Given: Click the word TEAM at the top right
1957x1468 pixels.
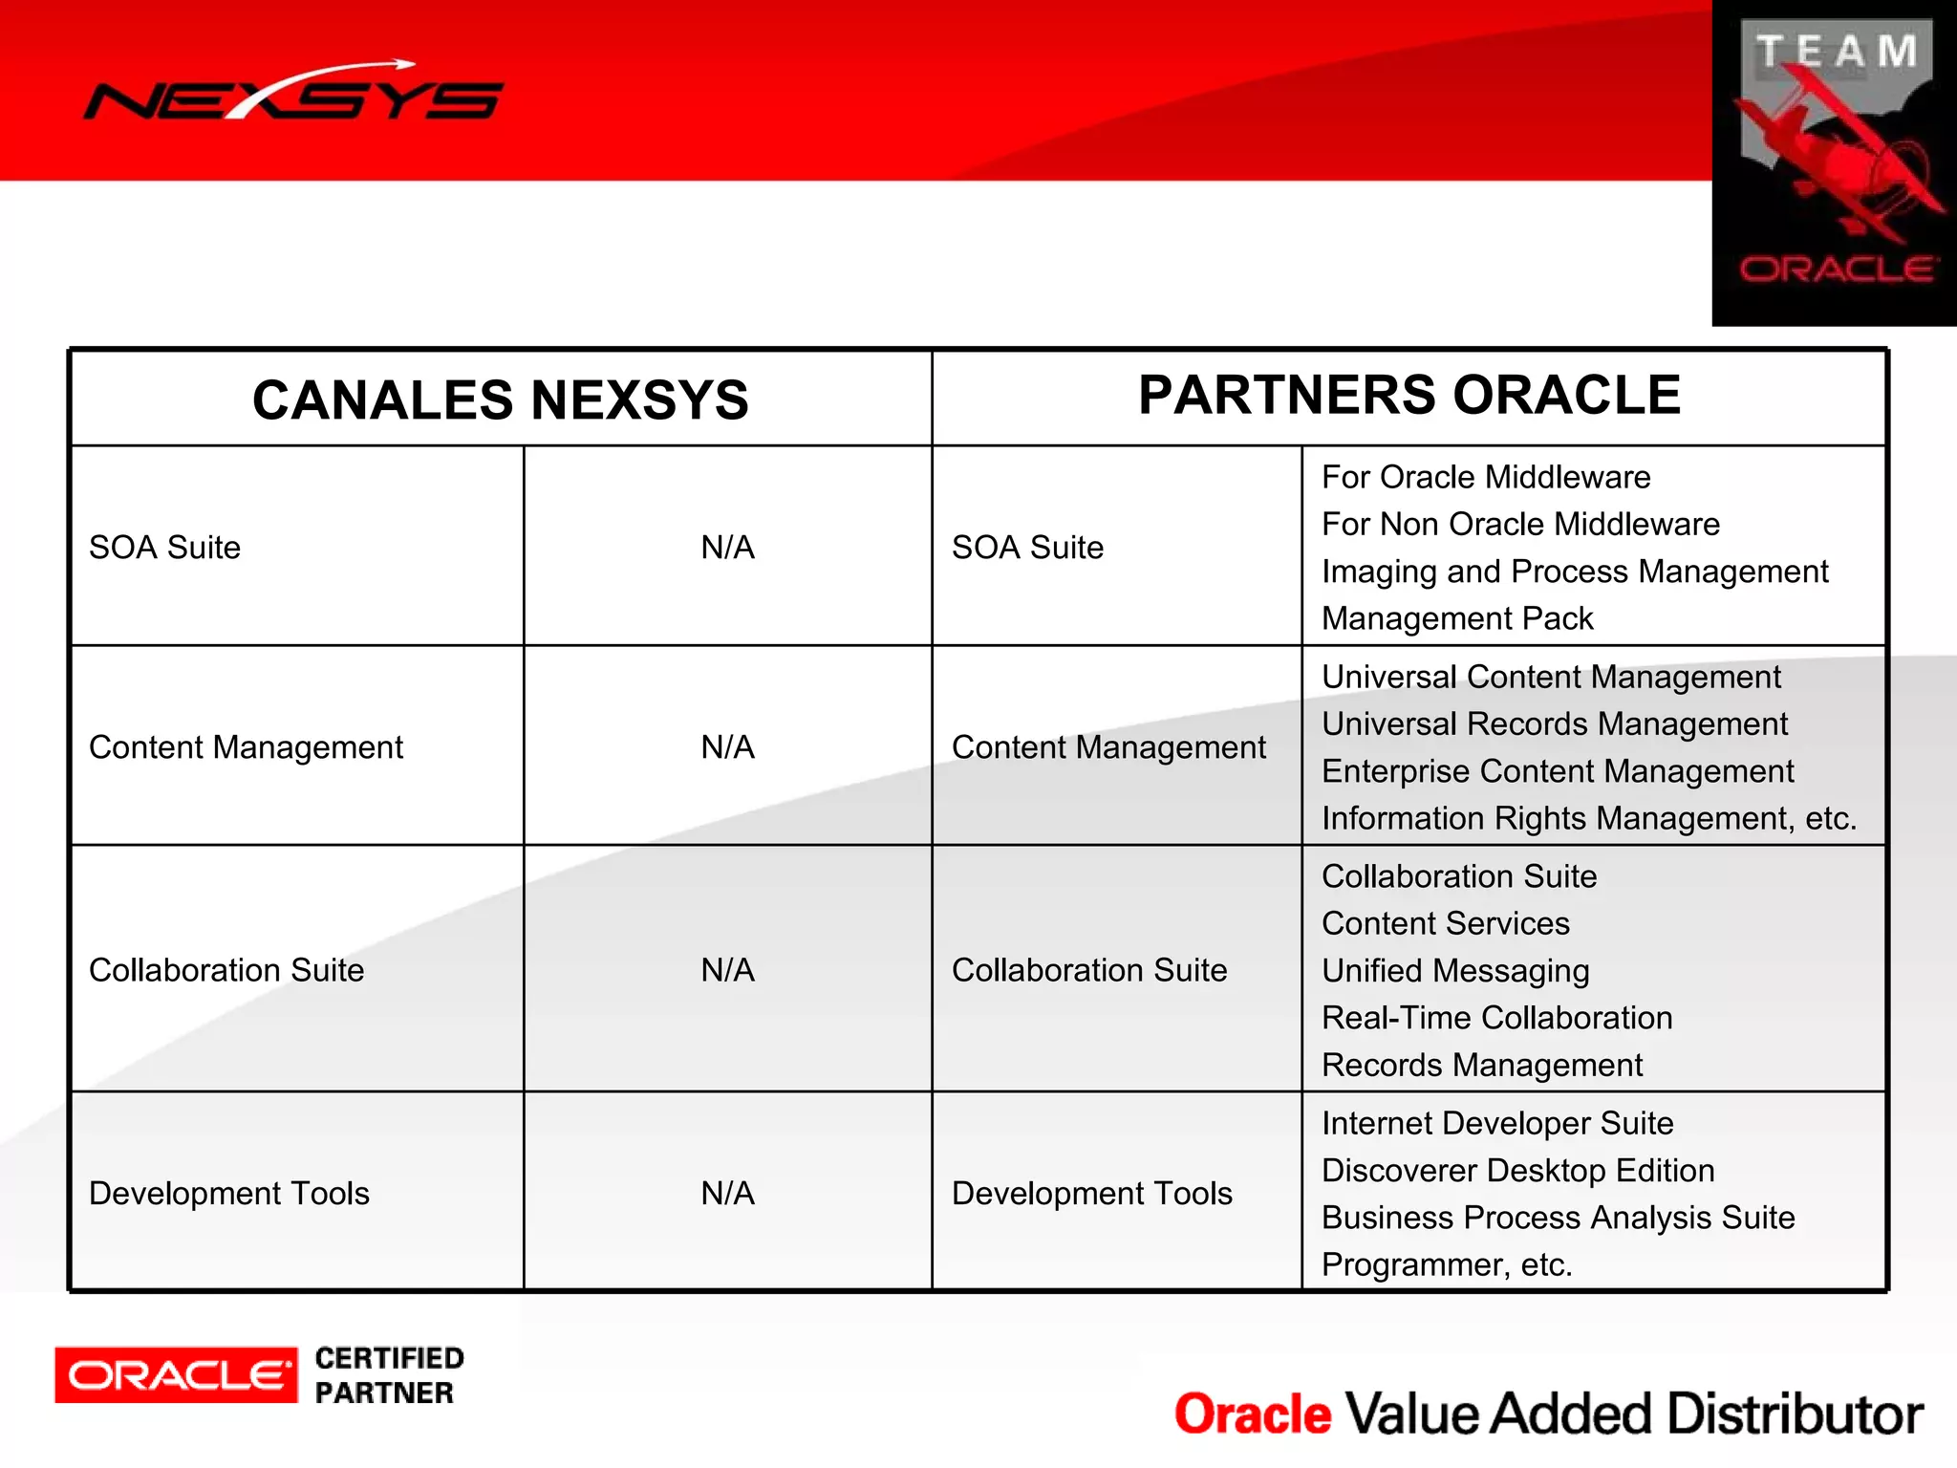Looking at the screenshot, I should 1836,52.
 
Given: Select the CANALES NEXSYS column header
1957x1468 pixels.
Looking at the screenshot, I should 500,399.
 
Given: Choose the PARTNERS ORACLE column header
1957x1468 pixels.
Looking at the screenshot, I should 1409,395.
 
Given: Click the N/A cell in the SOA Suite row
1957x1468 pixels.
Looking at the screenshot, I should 727,548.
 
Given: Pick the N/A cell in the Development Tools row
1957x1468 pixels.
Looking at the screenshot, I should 727,1193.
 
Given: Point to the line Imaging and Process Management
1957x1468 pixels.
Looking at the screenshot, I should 1574,572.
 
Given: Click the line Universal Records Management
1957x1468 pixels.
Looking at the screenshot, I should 1554,724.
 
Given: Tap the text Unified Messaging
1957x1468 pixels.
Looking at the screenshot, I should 1454,971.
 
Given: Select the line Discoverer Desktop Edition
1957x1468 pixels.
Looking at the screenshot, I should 1517,1171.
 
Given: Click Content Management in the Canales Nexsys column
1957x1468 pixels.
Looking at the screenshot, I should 246,747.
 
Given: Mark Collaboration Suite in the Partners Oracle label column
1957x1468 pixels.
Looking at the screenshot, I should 1088,970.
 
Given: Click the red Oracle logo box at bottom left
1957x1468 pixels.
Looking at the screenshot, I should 176,1375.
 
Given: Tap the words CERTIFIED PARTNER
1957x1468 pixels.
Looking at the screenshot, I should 388,1375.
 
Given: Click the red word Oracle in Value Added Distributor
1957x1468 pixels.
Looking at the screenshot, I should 1252,1414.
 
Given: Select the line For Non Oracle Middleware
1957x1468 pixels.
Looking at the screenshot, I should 1519,525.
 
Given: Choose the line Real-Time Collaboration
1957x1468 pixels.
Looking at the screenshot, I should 1496,1018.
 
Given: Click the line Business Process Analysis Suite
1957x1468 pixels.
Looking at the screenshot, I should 1558,1218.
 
